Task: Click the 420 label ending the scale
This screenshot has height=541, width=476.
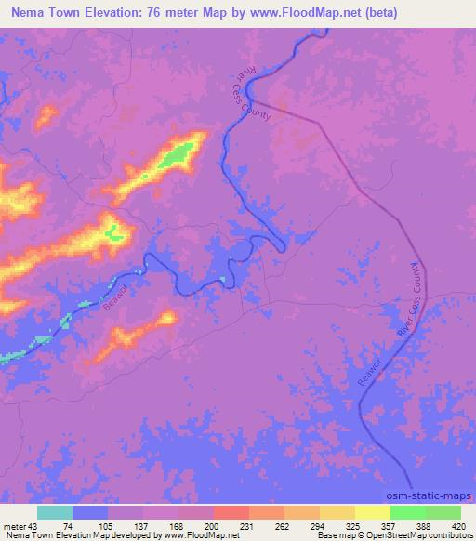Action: point(460,525)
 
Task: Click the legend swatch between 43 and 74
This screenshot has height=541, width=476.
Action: point(56,512)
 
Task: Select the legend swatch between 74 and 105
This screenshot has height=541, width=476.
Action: point(91,512)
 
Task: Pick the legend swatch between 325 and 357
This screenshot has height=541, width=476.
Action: point(373,512)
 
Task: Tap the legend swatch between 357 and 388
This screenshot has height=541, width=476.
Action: point(408,512)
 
